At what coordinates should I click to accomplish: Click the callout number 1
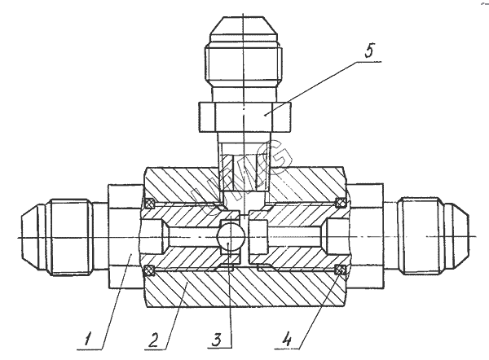pyautogui.click(x=89, y=339)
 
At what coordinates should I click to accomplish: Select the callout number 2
pyautogui.click(x=154, y=340)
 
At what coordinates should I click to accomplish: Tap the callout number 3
pyautogui.click(x=217, y=340)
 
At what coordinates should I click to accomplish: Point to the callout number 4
pyautogui.click(x=287, y=340)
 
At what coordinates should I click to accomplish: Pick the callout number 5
pyautogui.click(x=369, y=50)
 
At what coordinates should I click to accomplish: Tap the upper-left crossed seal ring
pyautogui.click(x=149, y=204)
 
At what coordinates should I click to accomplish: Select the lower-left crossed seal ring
pyautogui.click(x=149, y=270)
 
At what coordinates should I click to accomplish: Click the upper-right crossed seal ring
pyautogui.click(x=340, y=203)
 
